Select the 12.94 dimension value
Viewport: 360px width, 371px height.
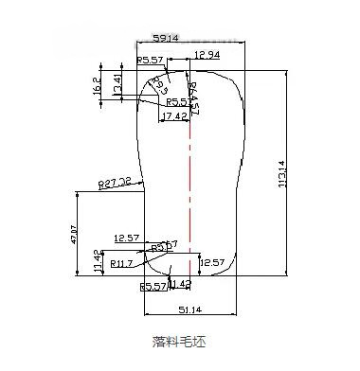pyautogui.click(x=208, y=55)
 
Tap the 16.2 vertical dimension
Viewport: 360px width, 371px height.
pyautogui.click(x=99, y=87)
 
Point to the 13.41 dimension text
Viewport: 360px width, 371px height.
pyautogui.click(x=117, y=84)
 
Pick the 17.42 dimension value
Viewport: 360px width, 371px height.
pyautogui.click(x=173, y=115)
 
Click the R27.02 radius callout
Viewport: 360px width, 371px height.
pyautogui.click(x=115, y=183)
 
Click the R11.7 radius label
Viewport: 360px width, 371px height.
pyautogui.click(x=122, y=262)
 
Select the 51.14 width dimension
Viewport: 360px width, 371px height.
pyautogui.click(x=189, y=309)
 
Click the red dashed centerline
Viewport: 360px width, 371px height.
pyautogui.click(x=190, y=189)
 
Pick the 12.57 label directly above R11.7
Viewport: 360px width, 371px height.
pyautogui.click(x=126, y=237)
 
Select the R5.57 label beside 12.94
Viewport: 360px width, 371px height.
pyautogui.click(x=151, y=60)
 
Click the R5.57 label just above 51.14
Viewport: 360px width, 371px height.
pyautogui.click(x=153, y=285)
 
